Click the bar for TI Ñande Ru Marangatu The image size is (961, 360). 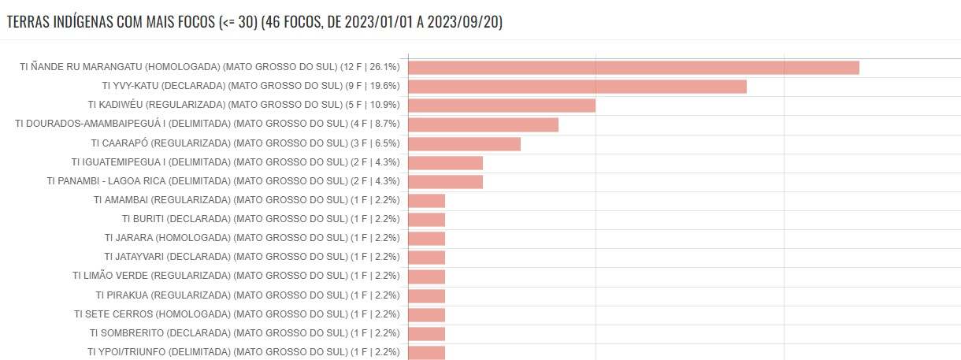(x=633, y=68)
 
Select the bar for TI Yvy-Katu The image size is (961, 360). (x=577, y=87)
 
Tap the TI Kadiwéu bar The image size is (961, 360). (x=502, y=106)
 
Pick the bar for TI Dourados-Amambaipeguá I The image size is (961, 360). (x=483, y=124)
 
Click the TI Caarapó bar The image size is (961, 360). (x=464, y=143)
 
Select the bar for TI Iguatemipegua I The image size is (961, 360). (x=445, y=162)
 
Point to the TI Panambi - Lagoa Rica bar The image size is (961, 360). (x=445, y=182)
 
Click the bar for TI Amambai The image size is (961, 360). (x=426, y=201)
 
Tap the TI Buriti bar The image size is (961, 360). (x=426, y=220)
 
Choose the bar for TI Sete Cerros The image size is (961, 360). (x=426, y=314)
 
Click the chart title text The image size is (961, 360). (x=254, y=22)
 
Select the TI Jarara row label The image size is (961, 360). (x=252, y=238)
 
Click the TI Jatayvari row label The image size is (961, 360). (x=252, y=257)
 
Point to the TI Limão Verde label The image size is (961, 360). (x=236, y=276)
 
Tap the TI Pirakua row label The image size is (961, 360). (x=247, y=295)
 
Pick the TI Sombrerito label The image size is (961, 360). (x=244, y=332)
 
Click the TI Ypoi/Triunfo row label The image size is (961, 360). (x=243, y=351)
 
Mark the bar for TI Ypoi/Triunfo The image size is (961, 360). (x=426, y=352)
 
